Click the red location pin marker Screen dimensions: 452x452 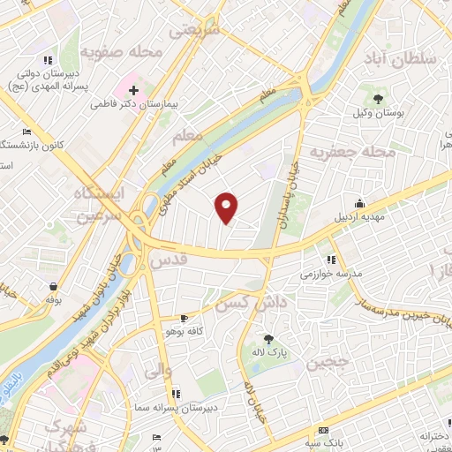[x=227, y=206]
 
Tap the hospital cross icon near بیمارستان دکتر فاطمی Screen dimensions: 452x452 [x=132, y=89]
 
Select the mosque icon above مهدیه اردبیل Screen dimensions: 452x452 [x=358, y=203]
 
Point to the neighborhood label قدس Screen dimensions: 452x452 [x=169, y=260]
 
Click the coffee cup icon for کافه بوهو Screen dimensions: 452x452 [x=184, y=317]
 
